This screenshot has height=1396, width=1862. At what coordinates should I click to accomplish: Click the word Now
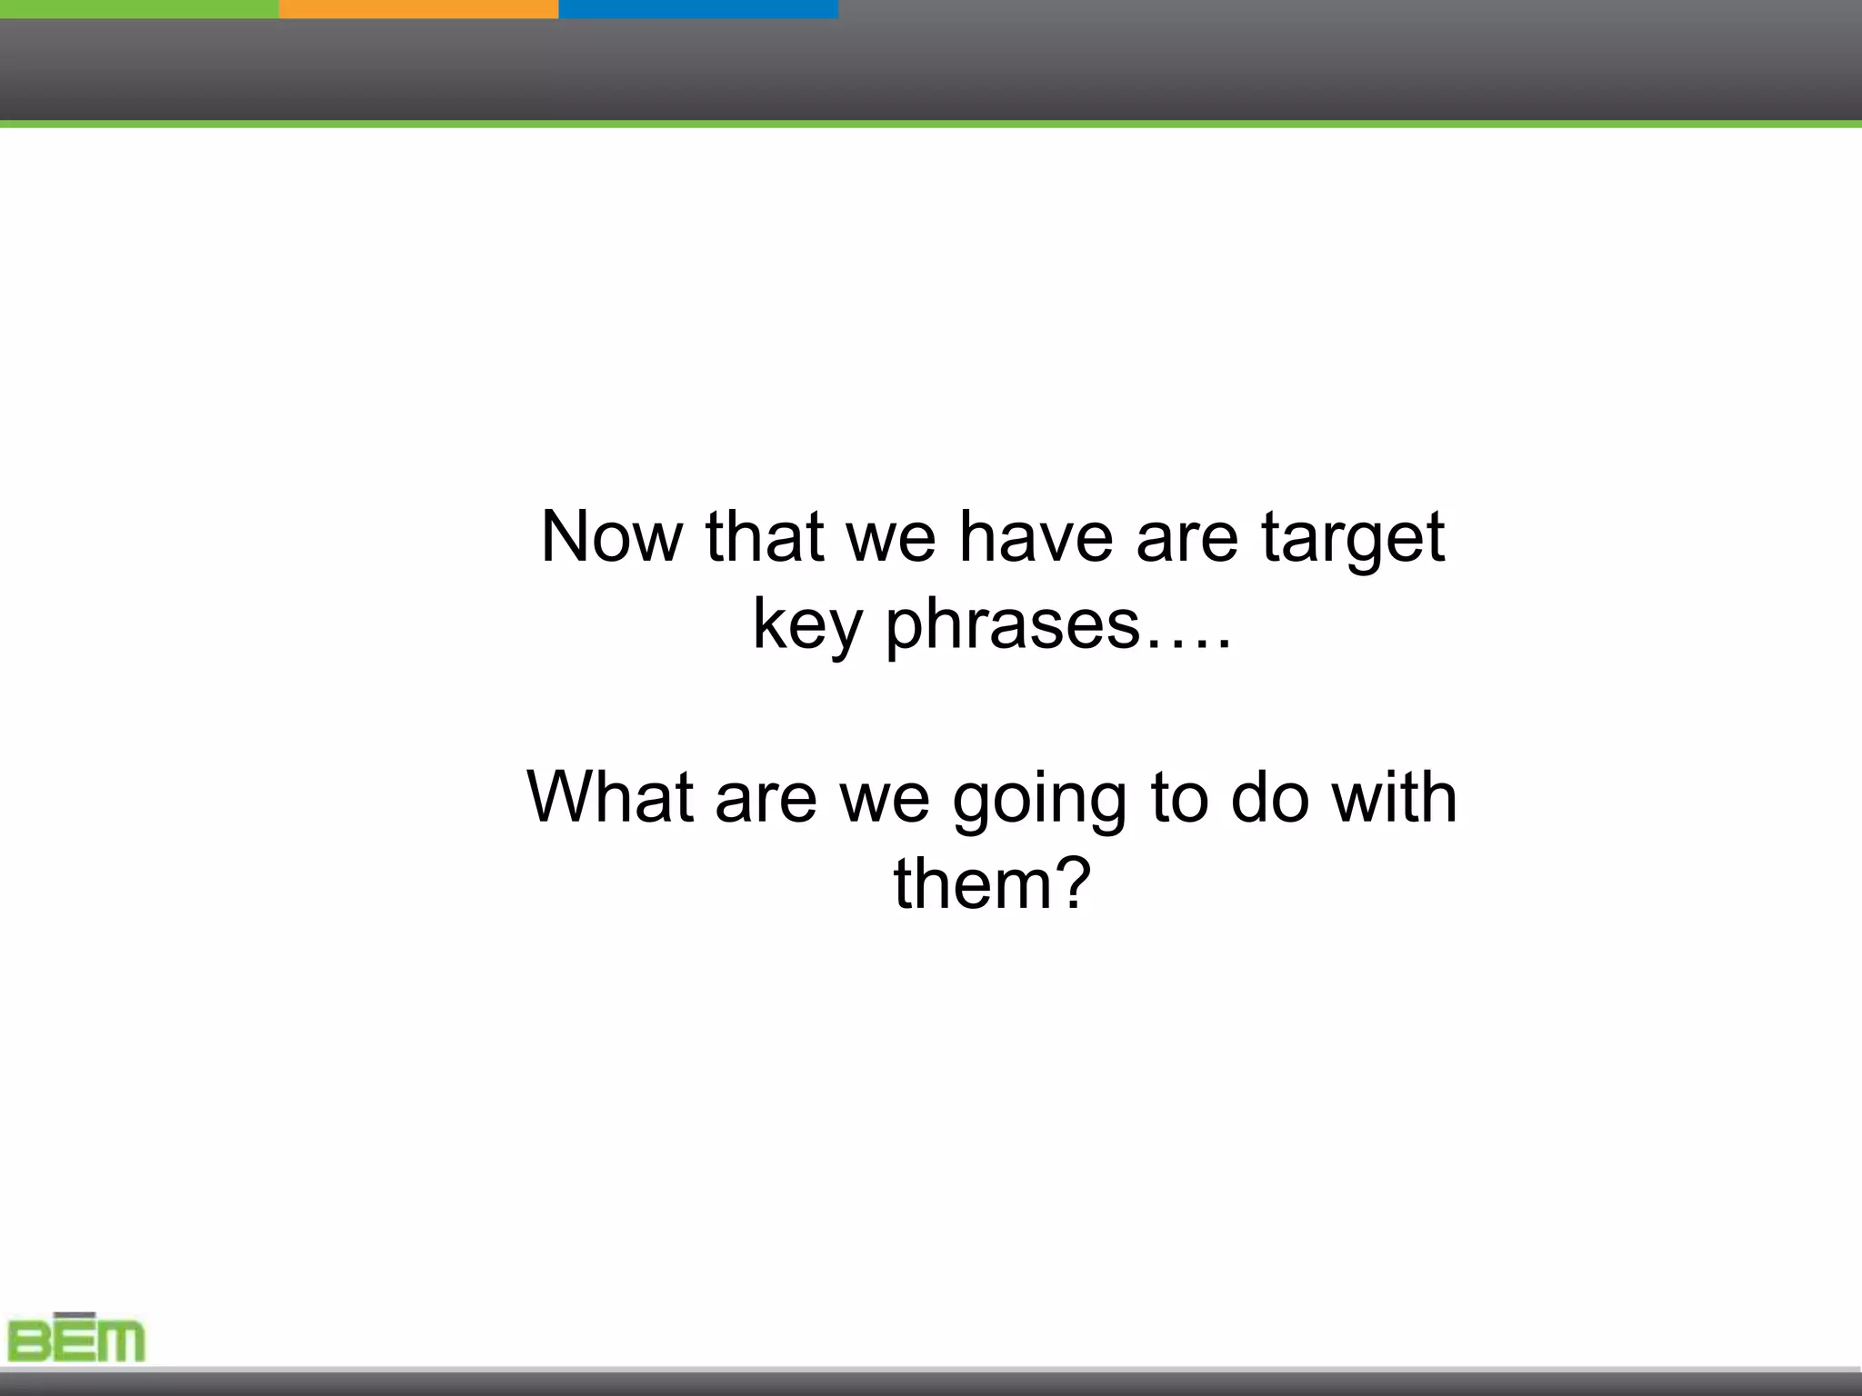(x=611, y=537)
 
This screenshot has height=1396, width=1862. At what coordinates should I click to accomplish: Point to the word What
(x=610, y=797)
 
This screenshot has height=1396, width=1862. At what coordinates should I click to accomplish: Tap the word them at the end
(x=972, y=883)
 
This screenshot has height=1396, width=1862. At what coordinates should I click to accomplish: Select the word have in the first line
(x=1036, y=537)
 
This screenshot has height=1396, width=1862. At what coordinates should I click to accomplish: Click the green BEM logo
(x=76, y=1340)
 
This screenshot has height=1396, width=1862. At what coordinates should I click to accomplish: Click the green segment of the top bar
(x=139, y=8)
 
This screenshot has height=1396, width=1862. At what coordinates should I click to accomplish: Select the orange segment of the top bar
(x=418, y=8)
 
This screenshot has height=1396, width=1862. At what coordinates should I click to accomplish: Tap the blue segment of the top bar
(x=697, y=8)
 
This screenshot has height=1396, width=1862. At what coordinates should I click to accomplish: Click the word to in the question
(x=1178, y=797)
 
